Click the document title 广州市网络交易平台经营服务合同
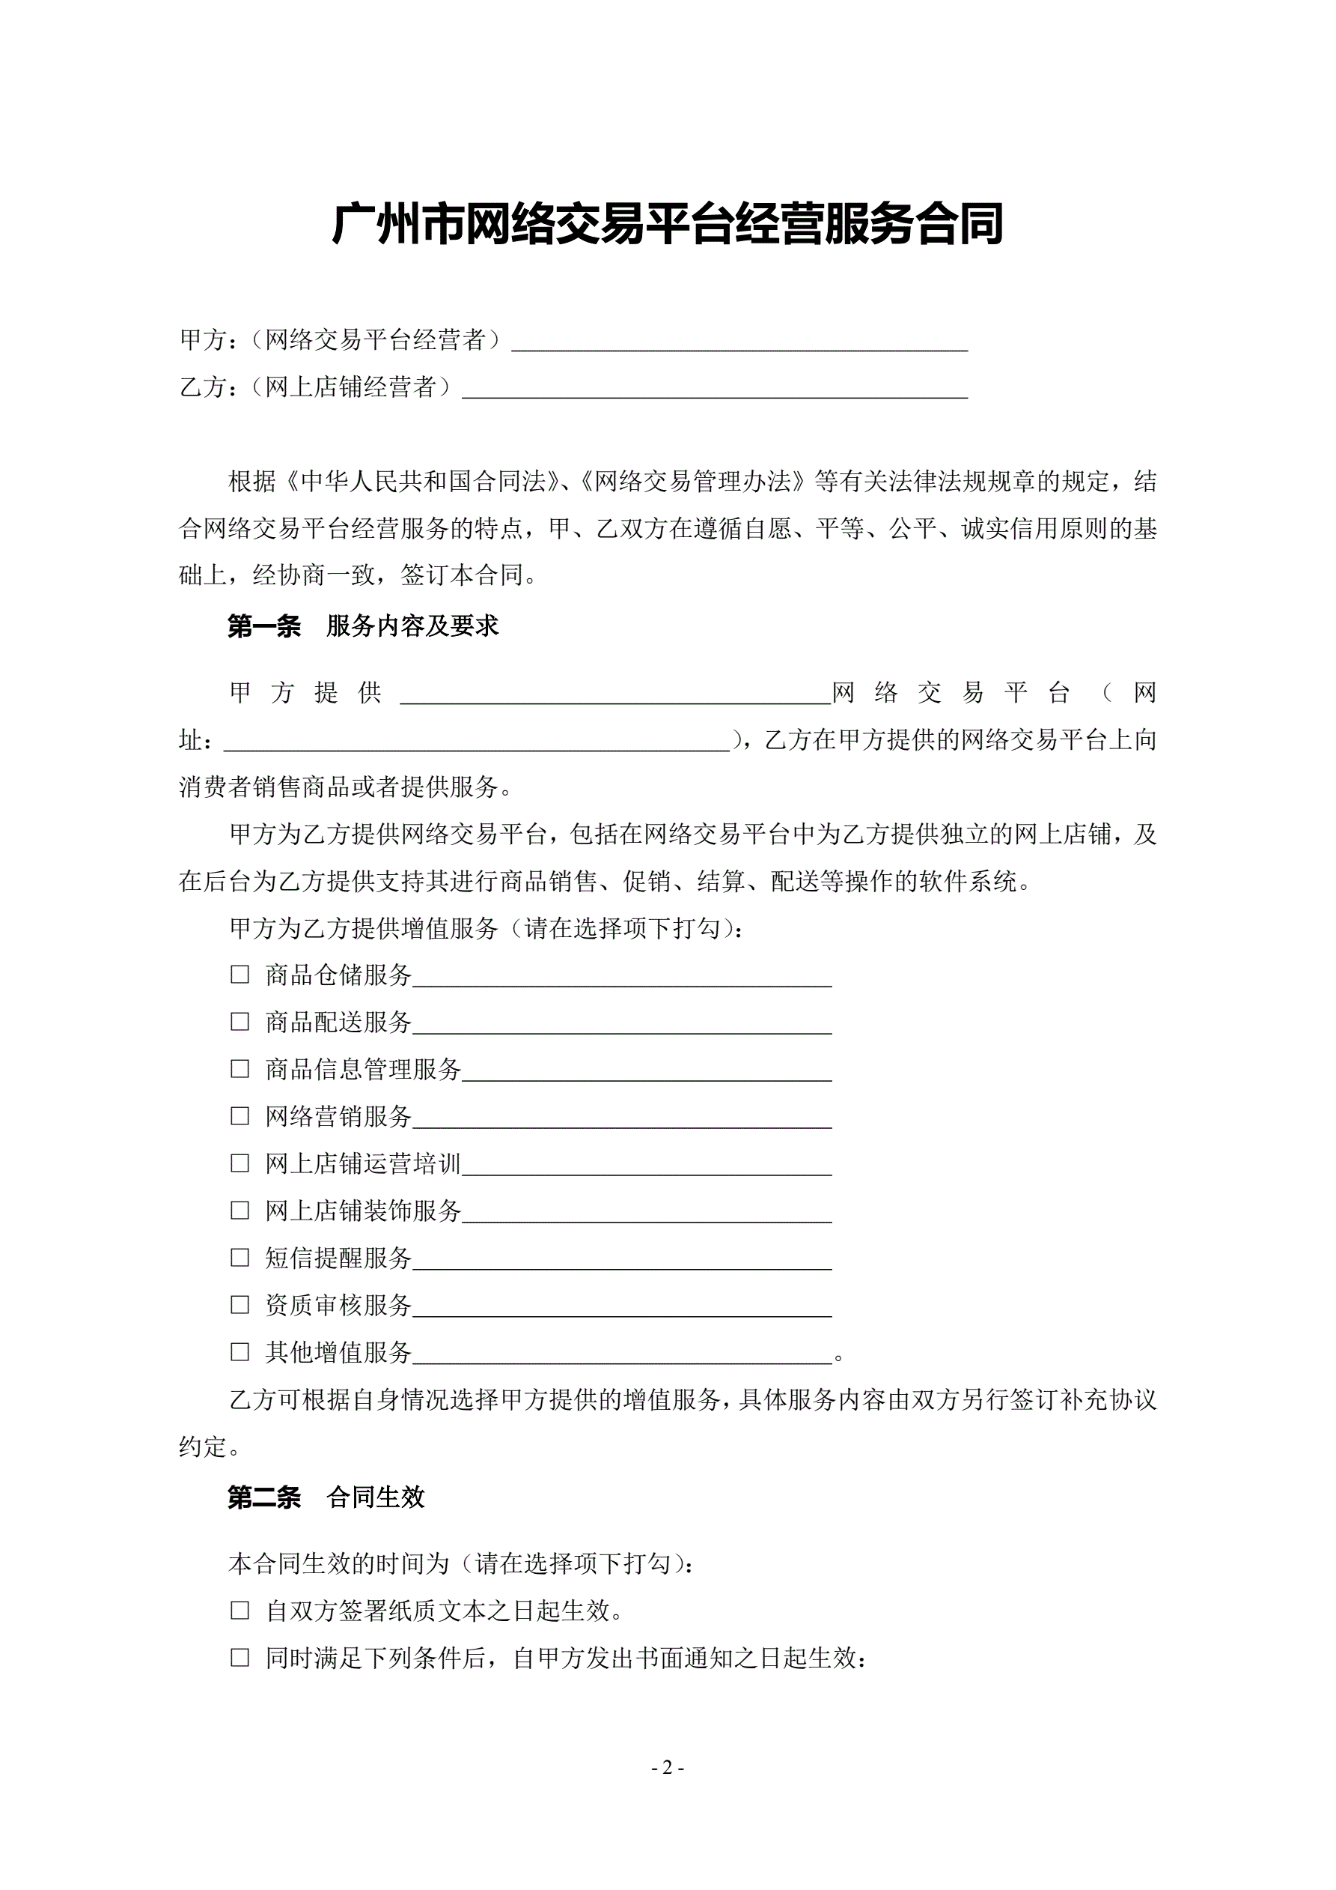(x=667, y=224)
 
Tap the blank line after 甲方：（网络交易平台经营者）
(x=739, y=344)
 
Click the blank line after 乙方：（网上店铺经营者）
(x=714, y=391)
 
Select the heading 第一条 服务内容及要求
(x=363, y=626)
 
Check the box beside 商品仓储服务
(x=240, y=975)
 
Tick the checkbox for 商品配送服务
(x=240, y=1022)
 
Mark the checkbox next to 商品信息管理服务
(x=240, y=1068)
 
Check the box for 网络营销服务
(x=240, y=1116)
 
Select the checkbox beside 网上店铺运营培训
(x=240, y=1163)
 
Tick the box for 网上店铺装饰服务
(x=240, y=1210)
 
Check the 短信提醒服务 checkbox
(x=240, y=1257)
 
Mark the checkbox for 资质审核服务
(x=240, y=1305)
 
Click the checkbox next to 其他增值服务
(x=240, y=1351)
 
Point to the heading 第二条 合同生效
(x=326, y=1497)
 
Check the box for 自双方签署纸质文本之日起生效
(x=240, y=1610)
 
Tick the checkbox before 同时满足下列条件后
(x=240, y=1658)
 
